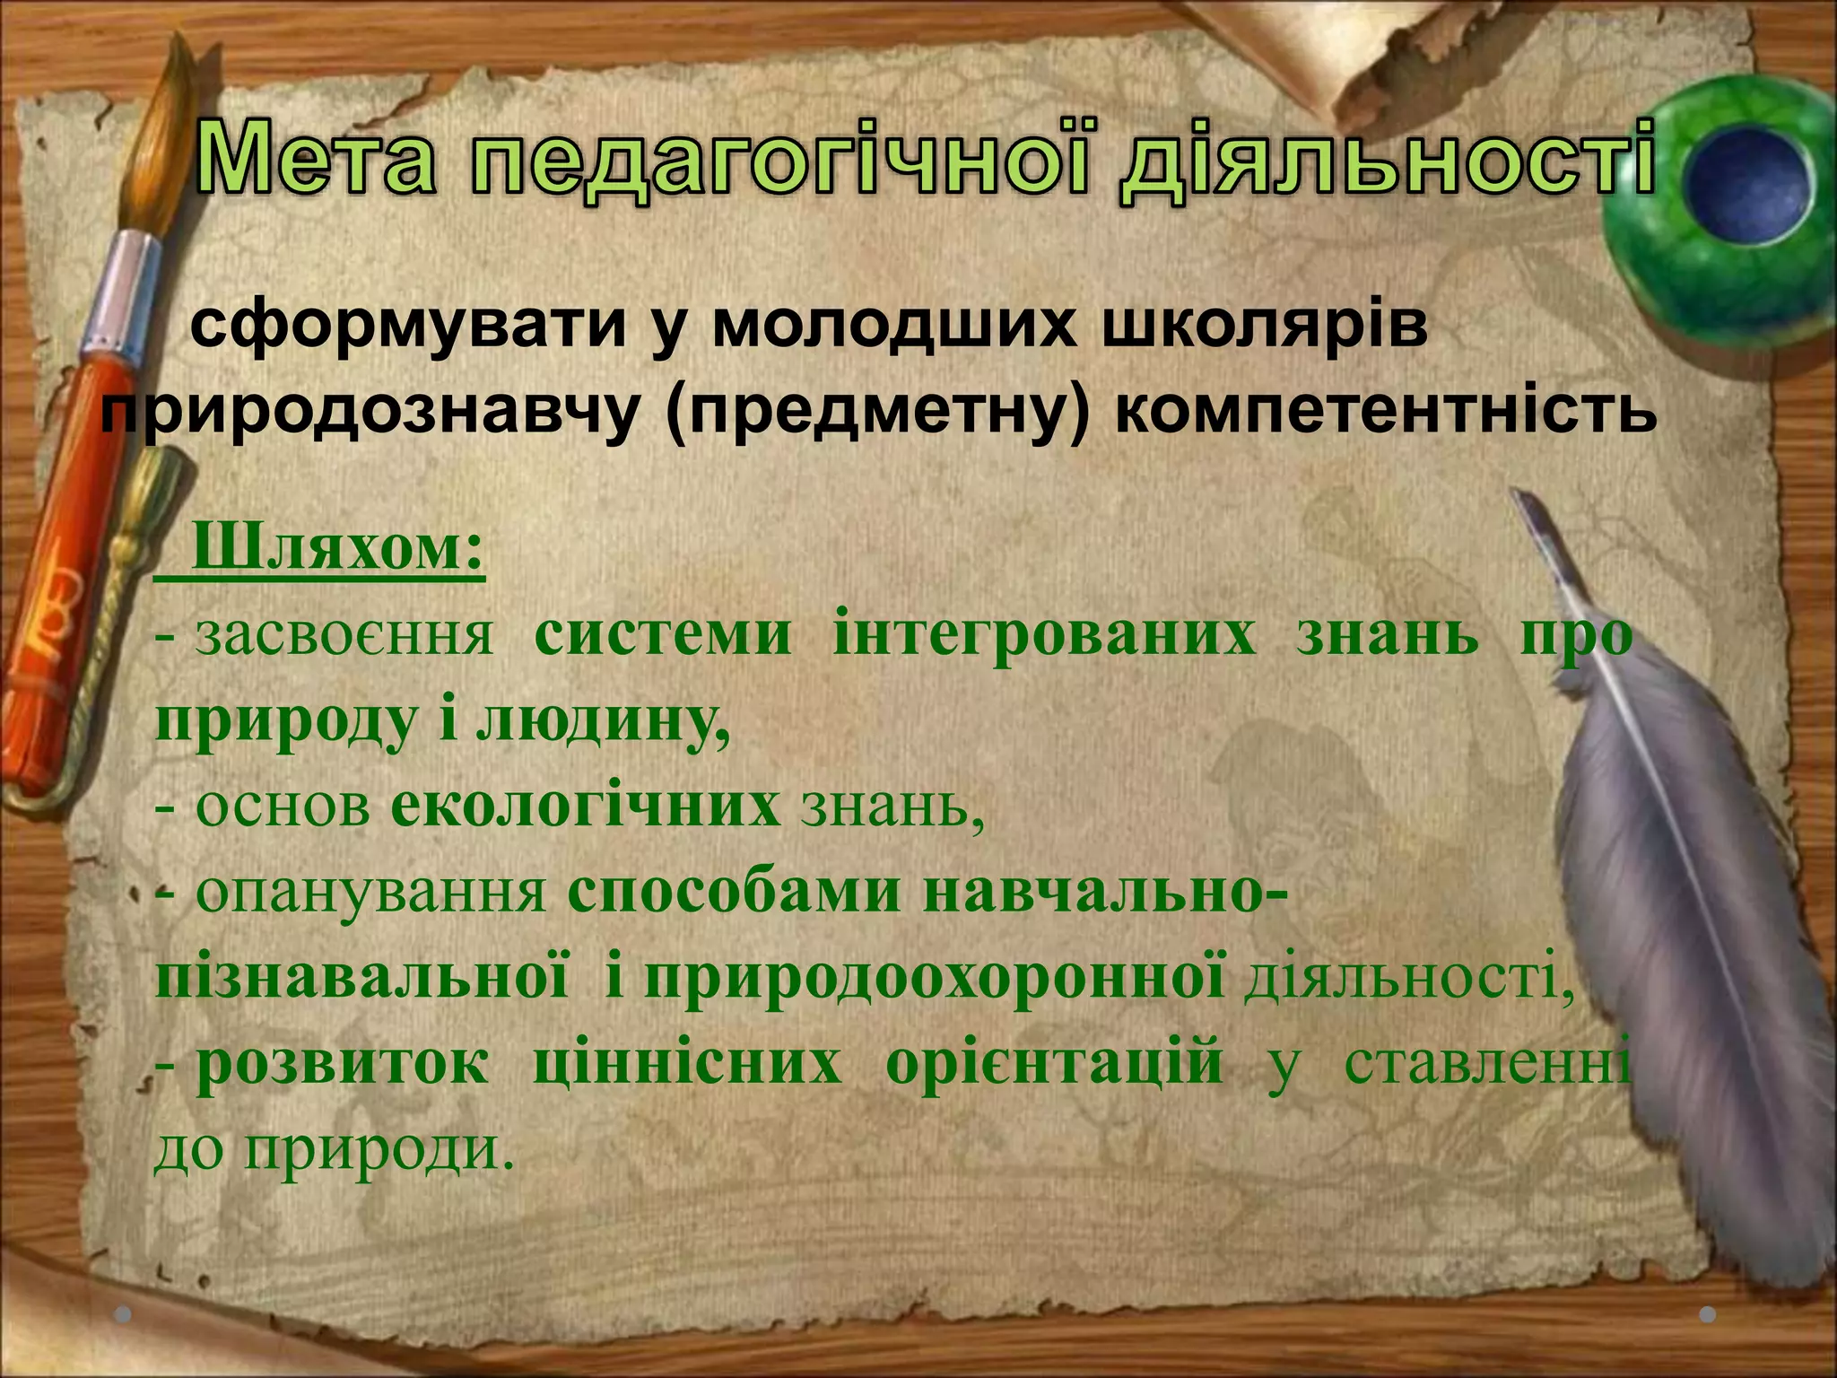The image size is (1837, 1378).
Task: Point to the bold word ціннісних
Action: coord(687,1064)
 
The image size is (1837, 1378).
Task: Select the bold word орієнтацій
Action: coord(1054,1064)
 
